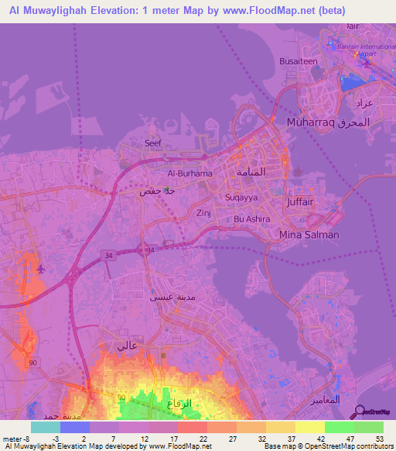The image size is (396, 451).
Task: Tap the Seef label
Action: coord(153,143)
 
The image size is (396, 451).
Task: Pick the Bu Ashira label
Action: coord(252,219)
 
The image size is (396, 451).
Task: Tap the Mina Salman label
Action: coord(309,235)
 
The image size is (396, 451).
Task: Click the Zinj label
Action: coord(203,212)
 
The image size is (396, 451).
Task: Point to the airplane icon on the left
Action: coord(39,269)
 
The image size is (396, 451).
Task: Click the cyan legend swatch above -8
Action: coord(46,427)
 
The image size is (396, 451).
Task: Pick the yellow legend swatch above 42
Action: coord(310,427)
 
